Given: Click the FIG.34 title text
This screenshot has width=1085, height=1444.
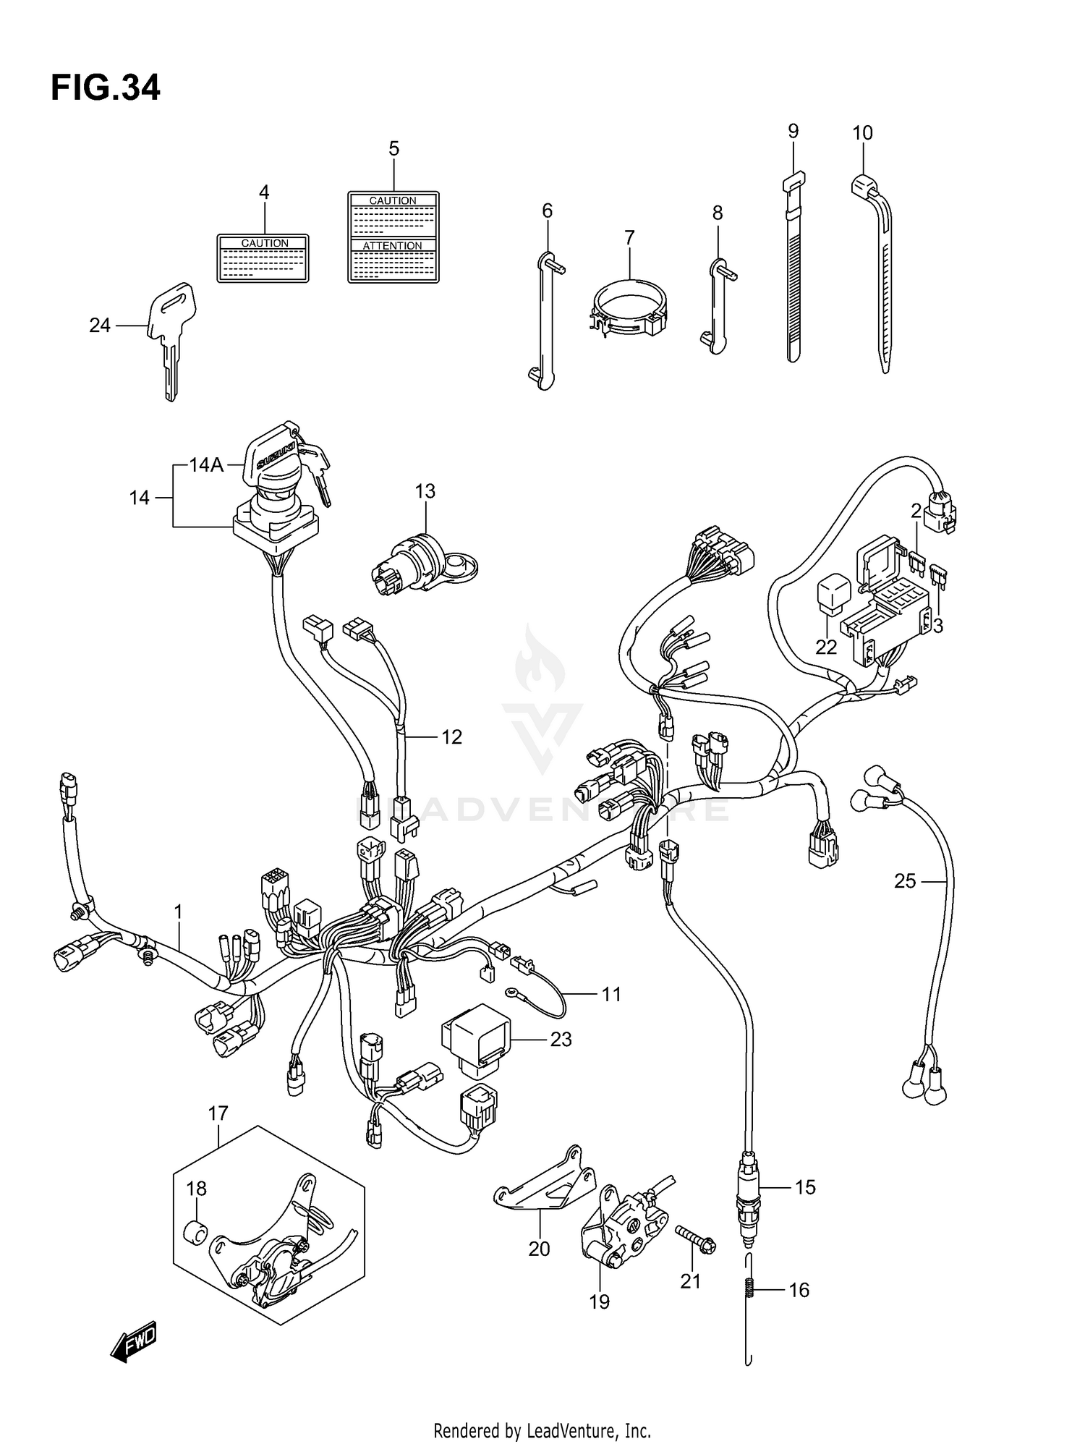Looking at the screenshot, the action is coord(106,88).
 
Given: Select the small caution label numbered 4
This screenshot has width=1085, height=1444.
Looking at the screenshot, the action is coord(263,258).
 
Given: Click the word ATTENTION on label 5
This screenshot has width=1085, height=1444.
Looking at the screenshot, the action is coord(392,246).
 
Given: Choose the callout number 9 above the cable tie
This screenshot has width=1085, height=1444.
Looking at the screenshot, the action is coord(793,131).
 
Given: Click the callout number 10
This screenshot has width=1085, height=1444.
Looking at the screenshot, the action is coord(862,132).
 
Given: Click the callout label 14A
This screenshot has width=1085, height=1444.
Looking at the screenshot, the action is coord(206,464).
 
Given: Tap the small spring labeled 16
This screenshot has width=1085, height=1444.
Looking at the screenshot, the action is coord(749,1289).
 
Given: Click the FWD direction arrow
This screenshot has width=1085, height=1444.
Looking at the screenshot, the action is coord(134,1343).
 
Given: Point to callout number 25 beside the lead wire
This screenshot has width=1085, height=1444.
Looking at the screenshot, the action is coord(905,881).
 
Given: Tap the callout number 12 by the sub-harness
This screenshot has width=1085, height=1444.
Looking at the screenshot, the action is coord(451,736).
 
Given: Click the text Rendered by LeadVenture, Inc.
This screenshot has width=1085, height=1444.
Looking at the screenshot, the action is coord(542,1430).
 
